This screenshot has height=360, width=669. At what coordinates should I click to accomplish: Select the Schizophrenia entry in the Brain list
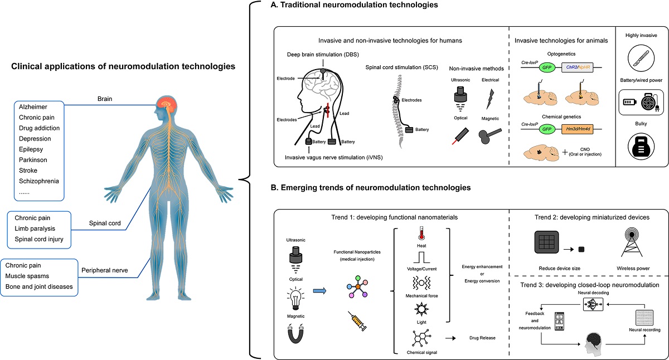click(38, 181)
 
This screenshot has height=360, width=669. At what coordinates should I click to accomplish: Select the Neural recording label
click(644, 330)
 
